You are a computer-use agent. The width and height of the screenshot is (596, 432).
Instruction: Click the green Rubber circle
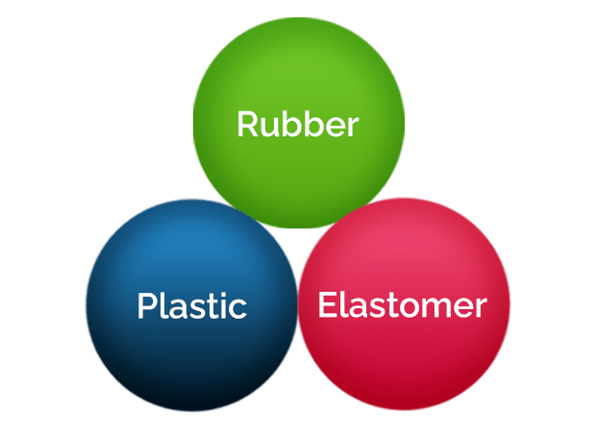299,123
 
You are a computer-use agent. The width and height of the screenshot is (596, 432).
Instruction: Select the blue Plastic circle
191,305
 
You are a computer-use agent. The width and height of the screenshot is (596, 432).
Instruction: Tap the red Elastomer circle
404,303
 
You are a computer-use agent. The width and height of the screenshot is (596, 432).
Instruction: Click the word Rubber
298,124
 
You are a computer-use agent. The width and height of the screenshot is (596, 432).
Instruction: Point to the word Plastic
192,305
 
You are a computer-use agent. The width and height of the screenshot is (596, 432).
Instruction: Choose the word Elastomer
403,304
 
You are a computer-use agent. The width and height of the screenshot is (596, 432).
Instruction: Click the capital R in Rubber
247,124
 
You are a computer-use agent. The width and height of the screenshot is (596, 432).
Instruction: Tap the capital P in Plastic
147,306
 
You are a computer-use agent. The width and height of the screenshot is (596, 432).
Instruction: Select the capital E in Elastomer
327,304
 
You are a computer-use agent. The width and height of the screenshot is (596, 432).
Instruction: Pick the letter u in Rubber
269,128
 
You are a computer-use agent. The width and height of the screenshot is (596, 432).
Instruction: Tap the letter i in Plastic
224,306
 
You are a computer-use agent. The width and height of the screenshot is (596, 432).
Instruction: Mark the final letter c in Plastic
238,309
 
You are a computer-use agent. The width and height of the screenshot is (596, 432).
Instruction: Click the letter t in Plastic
212,307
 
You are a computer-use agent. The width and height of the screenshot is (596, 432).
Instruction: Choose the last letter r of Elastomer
480,308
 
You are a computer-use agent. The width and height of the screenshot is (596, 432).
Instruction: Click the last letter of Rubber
352,128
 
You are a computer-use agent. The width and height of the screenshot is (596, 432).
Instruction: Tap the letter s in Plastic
197,309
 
